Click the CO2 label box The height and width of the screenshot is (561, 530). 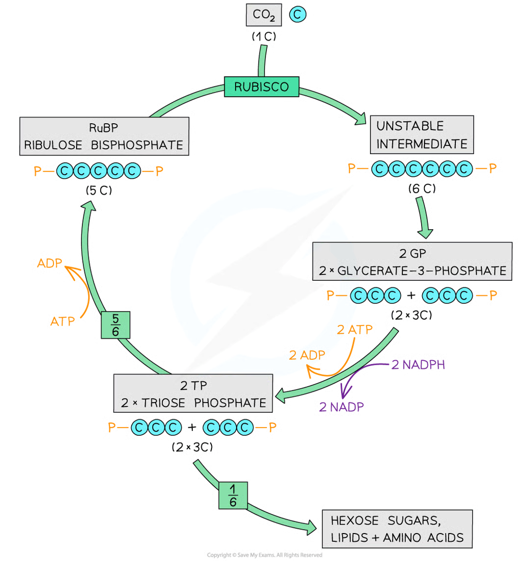click(x=264, y=16)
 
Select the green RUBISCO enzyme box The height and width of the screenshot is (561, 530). click(x=261, y=87)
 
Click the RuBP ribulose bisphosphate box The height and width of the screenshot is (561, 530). click(x=104, y=136)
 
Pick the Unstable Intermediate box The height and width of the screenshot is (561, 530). click(x=422, y=135)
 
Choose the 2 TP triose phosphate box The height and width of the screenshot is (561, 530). click(x=193, y=394)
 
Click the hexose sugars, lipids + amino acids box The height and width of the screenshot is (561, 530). click(x=397, y=529)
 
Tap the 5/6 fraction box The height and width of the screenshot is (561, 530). click(x=116, y=325)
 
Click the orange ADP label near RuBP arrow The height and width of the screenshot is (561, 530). click(x=49, y=264)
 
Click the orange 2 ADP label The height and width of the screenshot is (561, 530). click(x=307, y=355)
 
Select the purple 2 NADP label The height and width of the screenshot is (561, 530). click(x=338, y=406)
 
